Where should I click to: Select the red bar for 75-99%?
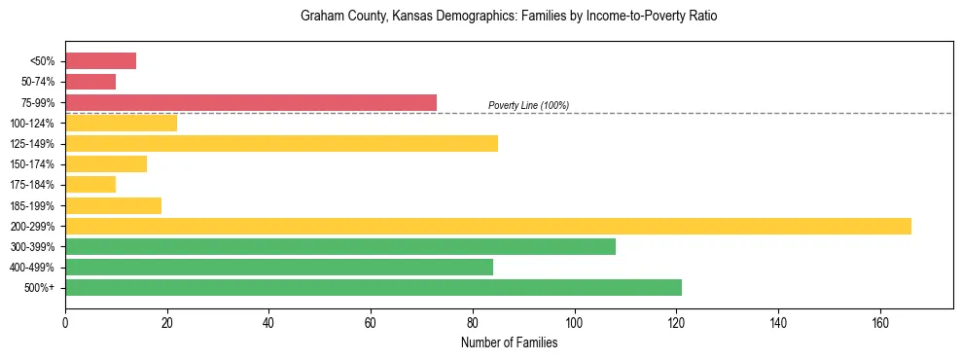coord(251,102)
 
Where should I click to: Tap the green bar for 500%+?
coord(374,287)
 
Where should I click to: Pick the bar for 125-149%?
coord(281,143)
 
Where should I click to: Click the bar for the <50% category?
coord(100,61)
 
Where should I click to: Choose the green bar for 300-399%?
coord(340,246)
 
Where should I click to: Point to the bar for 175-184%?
coord(90,184)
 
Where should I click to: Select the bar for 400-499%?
coord(279,267)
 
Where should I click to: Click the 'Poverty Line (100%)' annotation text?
coord(528,105)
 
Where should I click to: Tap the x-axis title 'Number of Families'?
coord(509,342)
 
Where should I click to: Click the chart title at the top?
coord(509,18)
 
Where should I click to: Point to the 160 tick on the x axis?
coord(879,322)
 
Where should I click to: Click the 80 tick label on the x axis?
coord(473,322)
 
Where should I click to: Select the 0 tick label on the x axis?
coord(65,322)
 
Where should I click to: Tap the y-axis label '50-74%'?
coord(38,83)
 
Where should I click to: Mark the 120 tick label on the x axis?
coord(676,322)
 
